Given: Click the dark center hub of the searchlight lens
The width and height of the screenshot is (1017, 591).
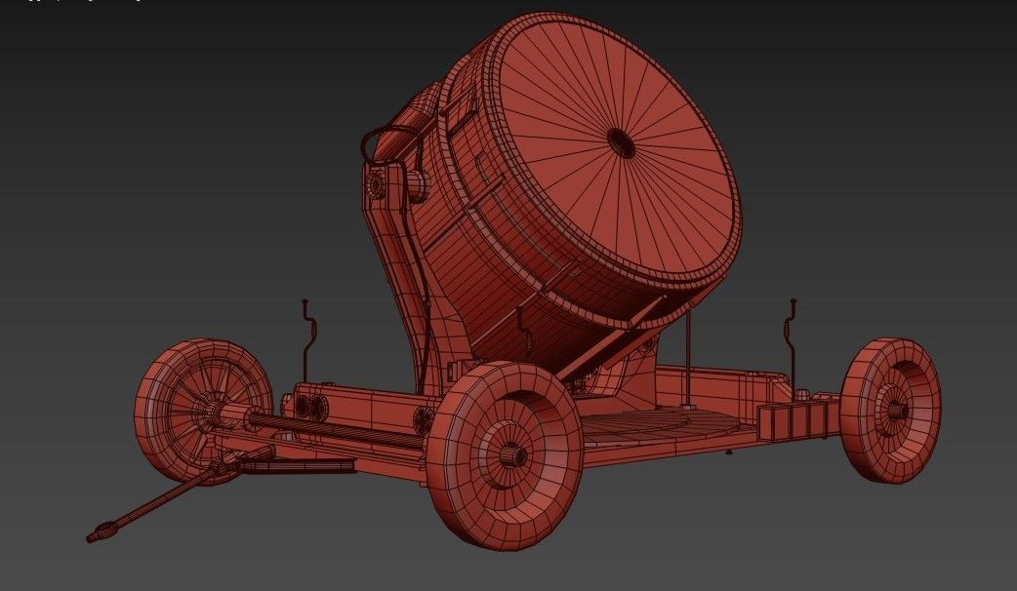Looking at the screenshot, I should click(621, 142).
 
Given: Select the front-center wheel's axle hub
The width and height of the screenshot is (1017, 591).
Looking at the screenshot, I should click(513, 454).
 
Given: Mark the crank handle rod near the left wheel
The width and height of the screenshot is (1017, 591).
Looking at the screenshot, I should click(307, 336).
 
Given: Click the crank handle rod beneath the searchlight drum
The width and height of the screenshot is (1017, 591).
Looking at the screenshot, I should click(523, 333).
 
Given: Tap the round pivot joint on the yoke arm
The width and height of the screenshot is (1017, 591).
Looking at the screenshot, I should click(376, 184).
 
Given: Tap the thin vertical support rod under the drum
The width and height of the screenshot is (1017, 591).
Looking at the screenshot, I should click(690, 351).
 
